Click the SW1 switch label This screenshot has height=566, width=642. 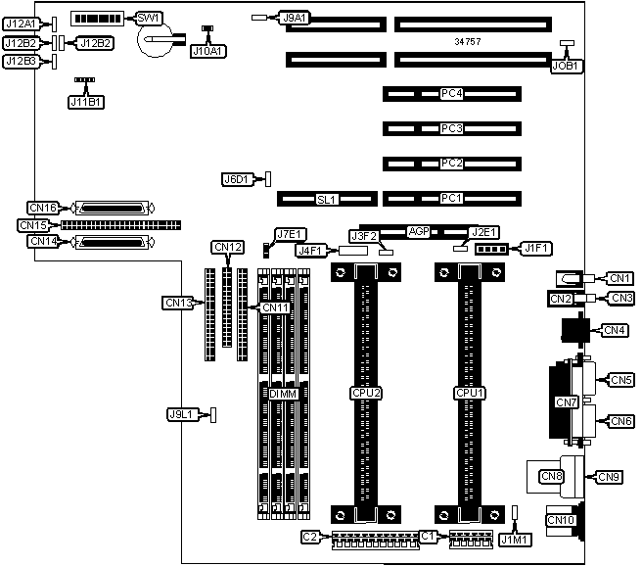pos(150,19)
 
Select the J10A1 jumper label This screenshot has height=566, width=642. pos(207,50)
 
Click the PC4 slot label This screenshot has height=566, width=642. pos(451,94)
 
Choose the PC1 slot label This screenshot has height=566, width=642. pos(451,199)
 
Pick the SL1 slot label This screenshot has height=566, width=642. pos(326,199)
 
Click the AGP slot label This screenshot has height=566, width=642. pos(420,232)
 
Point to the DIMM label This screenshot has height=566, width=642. pos(283,393)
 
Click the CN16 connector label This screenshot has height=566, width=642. pos(43,208)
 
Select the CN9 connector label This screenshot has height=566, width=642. pos(609,477)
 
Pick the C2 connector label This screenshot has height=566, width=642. pos(309,536)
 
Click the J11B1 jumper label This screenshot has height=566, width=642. pos(86,101)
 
